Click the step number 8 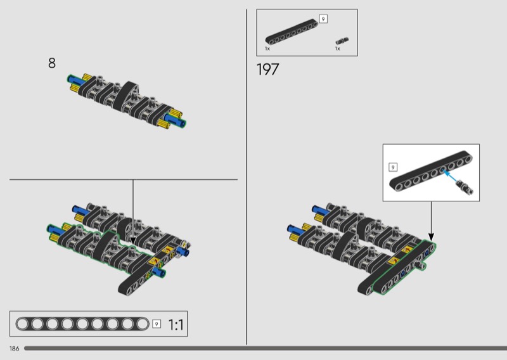click(52, 63)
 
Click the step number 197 click(267, 69)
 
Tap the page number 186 click(14, 349)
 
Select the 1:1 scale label click(176, 325)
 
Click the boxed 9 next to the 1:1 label click(157, 324)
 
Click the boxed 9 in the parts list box click(323, 19)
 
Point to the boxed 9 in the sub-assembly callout click(393, 167)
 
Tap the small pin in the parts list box click(342, 41)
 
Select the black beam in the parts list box click(292, 32)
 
